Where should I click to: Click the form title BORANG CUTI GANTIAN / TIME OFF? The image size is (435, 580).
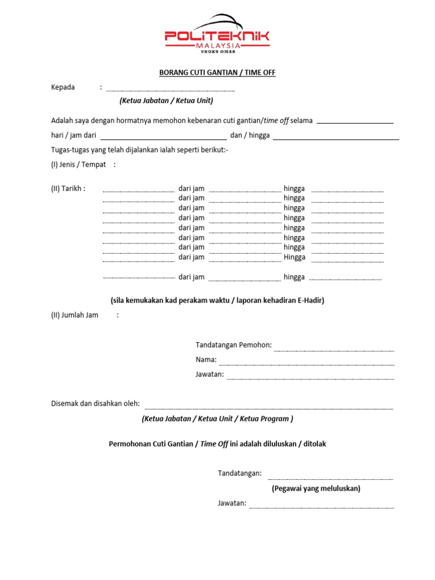pos(216,73)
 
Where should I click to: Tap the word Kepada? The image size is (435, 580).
pos(63,87)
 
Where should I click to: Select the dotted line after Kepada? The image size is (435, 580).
pos(170,90)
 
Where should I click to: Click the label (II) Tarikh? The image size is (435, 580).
pos(68,189)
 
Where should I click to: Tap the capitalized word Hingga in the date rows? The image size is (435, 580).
pos(295,257)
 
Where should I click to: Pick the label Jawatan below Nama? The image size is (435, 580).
pos(210,374)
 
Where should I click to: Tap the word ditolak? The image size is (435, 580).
pos(314,444)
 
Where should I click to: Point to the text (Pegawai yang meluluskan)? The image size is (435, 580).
pos(315,488)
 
